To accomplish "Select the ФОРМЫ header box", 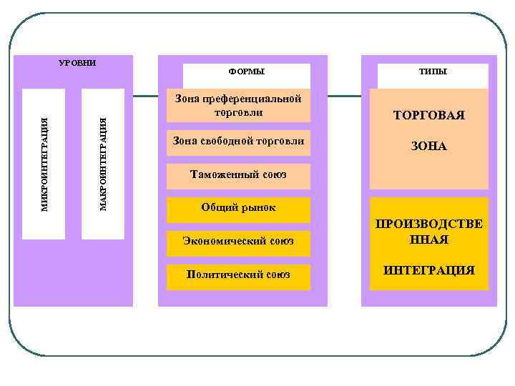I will click(246, 72).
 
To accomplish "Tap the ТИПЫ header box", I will click(433, 72).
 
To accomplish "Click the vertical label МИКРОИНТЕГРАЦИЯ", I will click(44, 164).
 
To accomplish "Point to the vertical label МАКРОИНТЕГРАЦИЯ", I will click(103, 164).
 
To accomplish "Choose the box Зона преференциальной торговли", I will click(238, 105).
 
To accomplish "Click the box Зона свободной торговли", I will click(238, 141).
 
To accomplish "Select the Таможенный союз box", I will click(238, 174).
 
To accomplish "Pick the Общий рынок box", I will click(238, 208).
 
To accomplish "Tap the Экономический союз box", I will click(238, 242).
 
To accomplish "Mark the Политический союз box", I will click(238, 275).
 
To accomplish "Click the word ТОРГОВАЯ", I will click(429, 115).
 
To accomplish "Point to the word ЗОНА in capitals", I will click(429, 146).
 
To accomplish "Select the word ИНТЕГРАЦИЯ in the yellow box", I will click(429, 270).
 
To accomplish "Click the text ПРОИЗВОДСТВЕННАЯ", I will click(429, 232).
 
